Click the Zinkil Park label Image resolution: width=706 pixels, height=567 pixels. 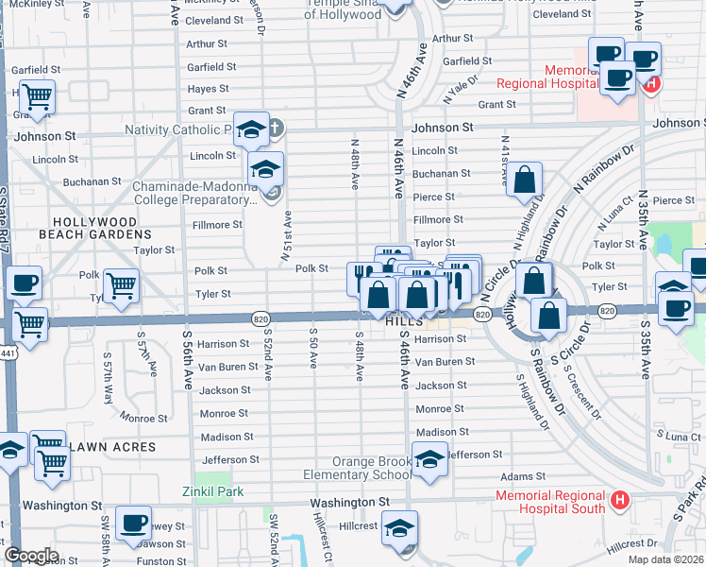point(213,491)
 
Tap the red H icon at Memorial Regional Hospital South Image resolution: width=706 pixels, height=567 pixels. point(619,499)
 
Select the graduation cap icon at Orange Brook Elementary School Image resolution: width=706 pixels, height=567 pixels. point(430,461)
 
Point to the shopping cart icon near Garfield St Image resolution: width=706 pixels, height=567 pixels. point(37,96)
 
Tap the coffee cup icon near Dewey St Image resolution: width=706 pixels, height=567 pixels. point(133,522)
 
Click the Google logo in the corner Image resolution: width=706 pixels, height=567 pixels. point(31,556)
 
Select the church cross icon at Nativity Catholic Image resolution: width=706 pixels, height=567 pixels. point(276,128)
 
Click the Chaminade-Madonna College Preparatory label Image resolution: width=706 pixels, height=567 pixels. point(194,194)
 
